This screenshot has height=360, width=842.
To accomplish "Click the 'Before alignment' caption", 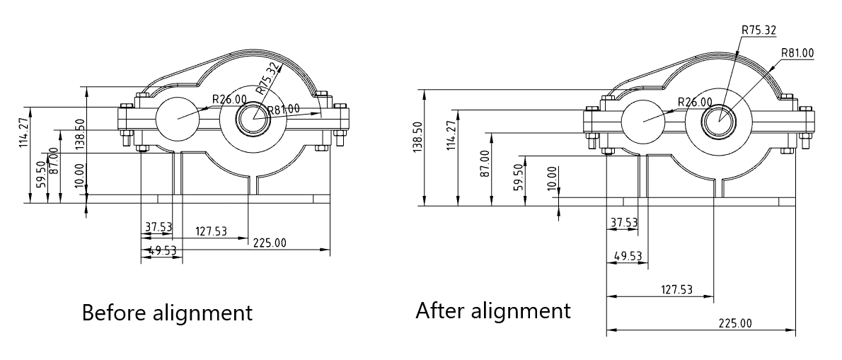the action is (x=167, y=312).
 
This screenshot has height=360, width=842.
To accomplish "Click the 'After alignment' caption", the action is (x=493, y=310).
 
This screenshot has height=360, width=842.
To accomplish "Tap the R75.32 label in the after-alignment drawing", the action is (x=759, y=30).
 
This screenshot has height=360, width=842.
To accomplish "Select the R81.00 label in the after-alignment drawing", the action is (x=797, y=52).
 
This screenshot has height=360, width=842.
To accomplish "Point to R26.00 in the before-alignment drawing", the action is (x=229, y=99).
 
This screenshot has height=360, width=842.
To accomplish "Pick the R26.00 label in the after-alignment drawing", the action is (x=695, y=102).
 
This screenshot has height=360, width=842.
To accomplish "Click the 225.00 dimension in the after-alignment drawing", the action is (x=735, y=323).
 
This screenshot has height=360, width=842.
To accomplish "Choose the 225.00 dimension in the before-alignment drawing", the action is (x=270, y=243).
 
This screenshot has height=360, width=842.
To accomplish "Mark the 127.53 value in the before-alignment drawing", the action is (x=211, y=231).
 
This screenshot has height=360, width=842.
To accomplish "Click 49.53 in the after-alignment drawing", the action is (x=628, y=256).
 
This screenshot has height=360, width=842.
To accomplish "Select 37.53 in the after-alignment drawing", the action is (x=624, y=222).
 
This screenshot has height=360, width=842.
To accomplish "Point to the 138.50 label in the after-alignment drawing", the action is (x=418, y=137).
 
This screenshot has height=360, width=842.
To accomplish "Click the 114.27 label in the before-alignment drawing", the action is (x=23, y=132).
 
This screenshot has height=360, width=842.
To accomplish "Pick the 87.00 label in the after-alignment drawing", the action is (x=485, y=163).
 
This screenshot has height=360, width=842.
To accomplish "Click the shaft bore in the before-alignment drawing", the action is (x=254, y=118).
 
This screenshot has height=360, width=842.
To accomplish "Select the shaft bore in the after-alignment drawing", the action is (x=720, y=121).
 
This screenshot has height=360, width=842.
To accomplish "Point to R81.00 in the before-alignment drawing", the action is (x=284, y=110).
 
